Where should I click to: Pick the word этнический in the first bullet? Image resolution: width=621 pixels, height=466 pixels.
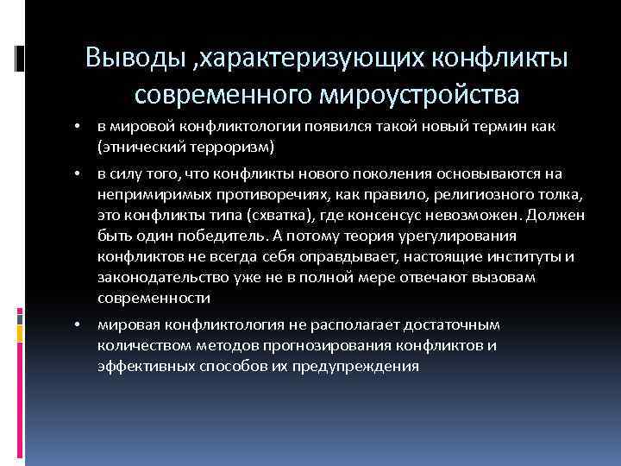(136, 146)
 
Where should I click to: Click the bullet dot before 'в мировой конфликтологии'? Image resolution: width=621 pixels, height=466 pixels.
(77, 128)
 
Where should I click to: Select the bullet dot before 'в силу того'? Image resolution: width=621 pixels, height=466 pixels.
(77, 174)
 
